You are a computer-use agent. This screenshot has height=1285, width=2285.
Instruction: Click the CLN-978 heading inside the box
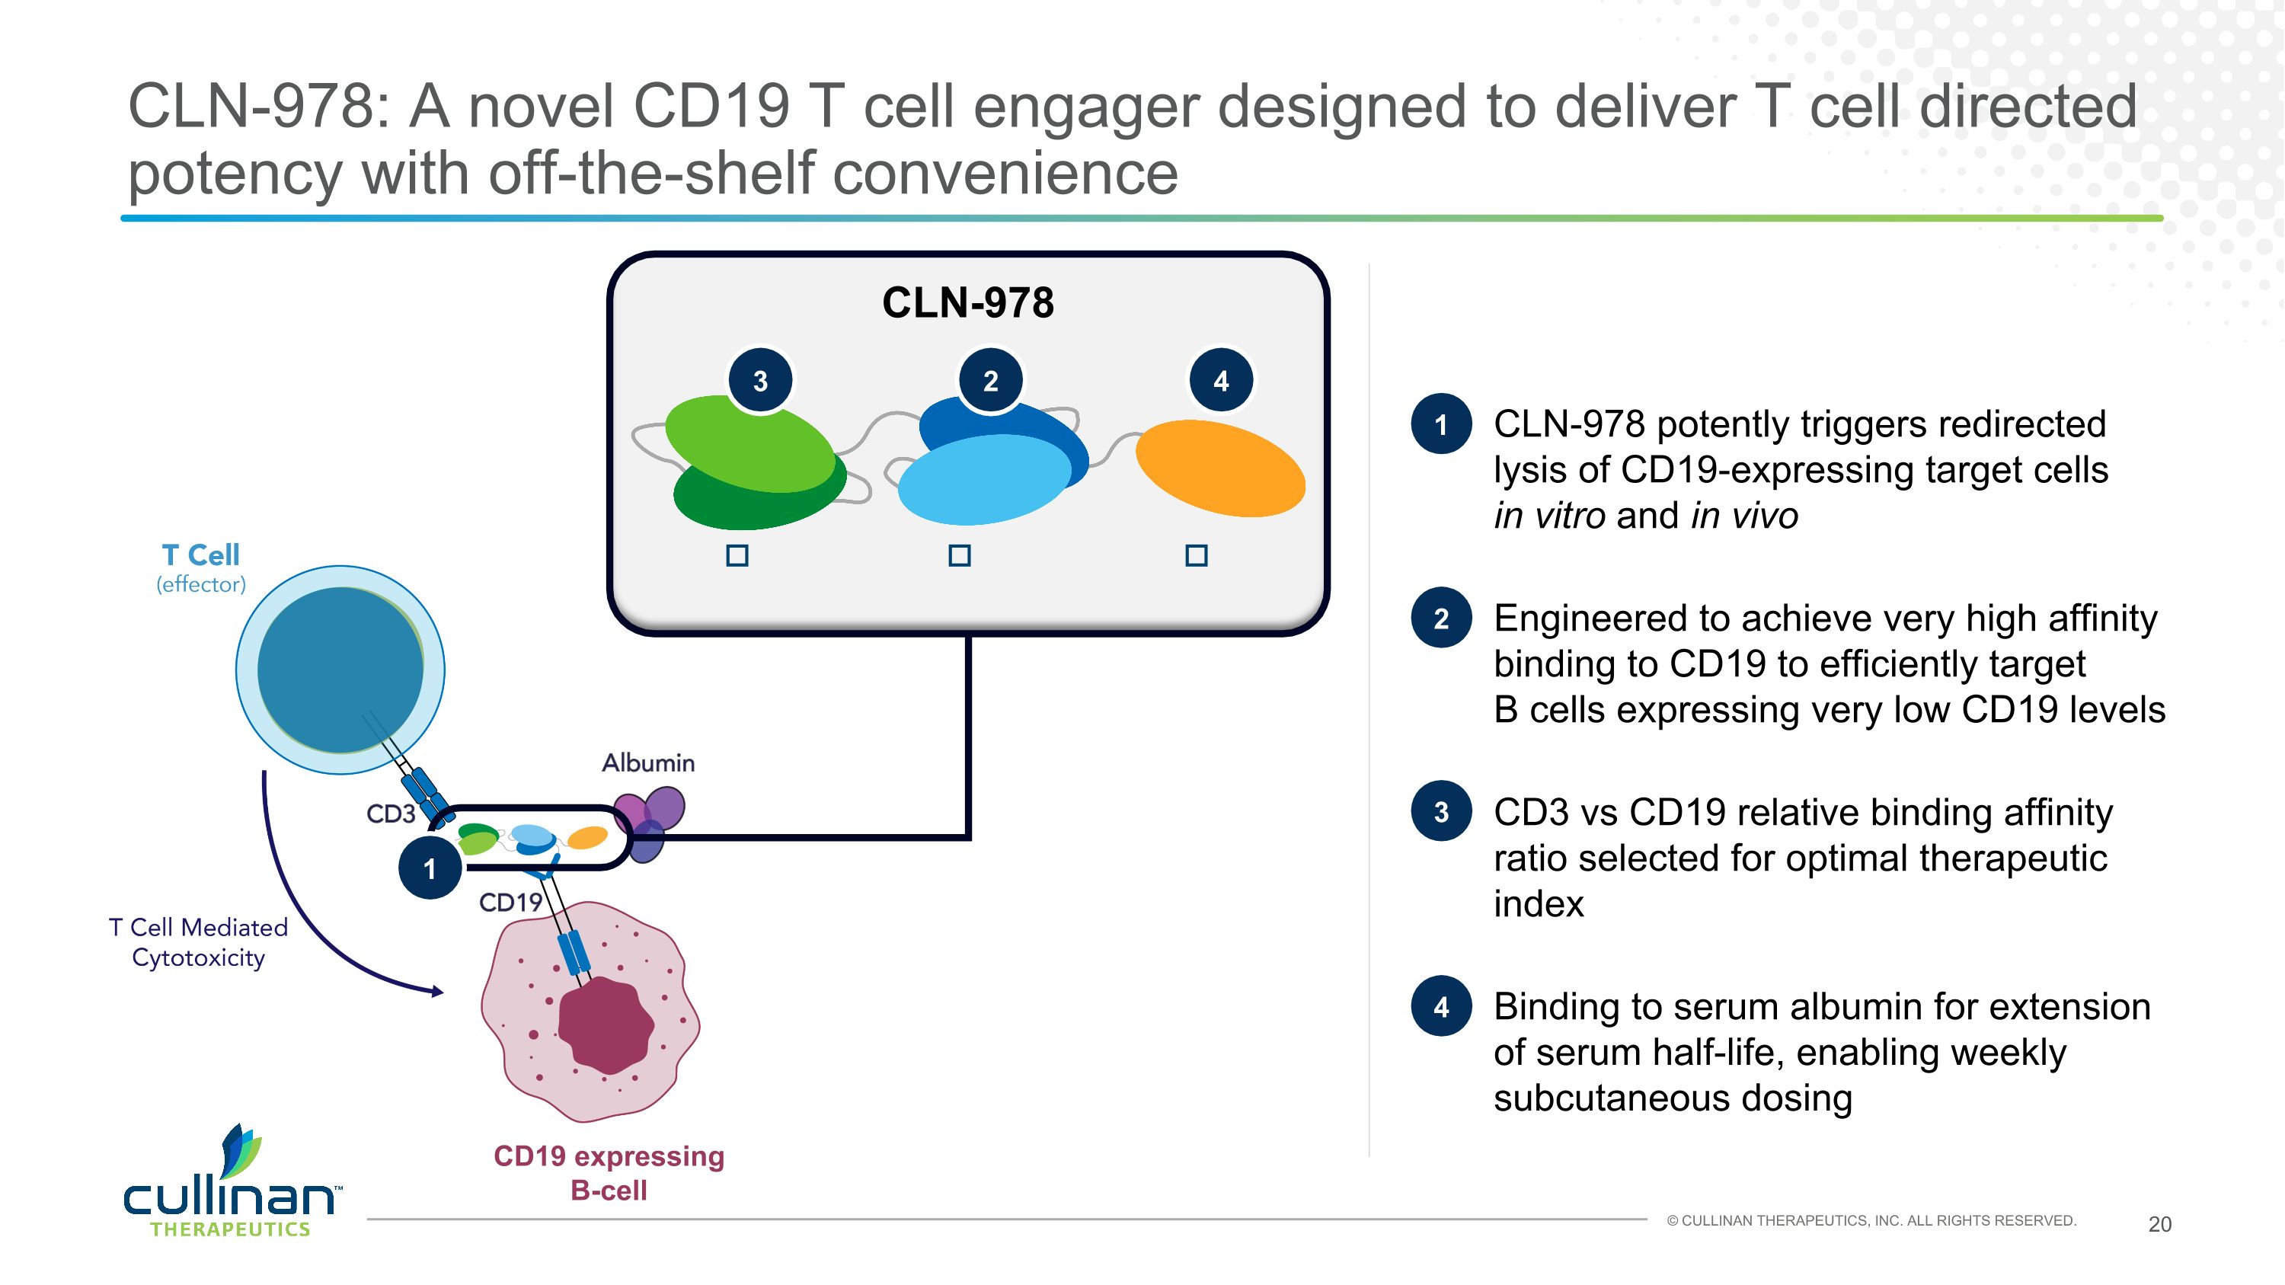pos(968,302)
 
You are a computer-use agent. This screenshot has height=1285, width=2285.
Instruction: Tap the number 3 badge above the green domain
pos(760,382)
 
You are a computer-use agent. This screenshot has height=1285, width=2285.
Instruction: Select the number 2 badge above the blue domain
pos(991,382)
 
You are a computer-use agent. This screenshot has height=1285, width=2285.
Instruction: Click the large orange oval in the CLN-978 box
pos(1220,468)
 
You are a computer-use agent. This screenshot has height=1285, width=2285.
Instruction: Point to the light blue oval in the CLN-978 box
pos(983,479)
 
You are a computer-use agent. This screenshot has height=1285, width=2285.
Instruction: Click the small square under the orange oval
pos(1197,556)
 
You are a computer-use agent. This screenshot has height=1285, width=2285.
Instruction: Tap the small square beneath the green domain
pos(737,556)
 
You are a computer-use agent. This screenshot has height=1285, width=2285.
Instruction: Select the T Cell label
pos(200,555)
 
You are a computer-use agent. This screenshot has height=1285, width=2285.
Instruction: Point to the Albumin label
pos(648,762)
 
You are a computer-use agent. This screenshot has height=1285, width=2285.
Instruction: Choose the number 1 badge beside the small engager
pos(430,868)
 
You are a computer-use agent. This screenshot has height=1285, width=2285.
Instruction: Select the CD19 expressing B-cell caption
pos(609,1172)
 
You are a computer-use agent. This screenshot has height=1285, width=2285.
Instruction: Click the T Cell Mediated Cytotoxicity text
pos(199,941)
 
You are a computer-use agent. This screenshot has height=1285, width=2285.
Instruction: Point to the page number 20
pos(2160,1225)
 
